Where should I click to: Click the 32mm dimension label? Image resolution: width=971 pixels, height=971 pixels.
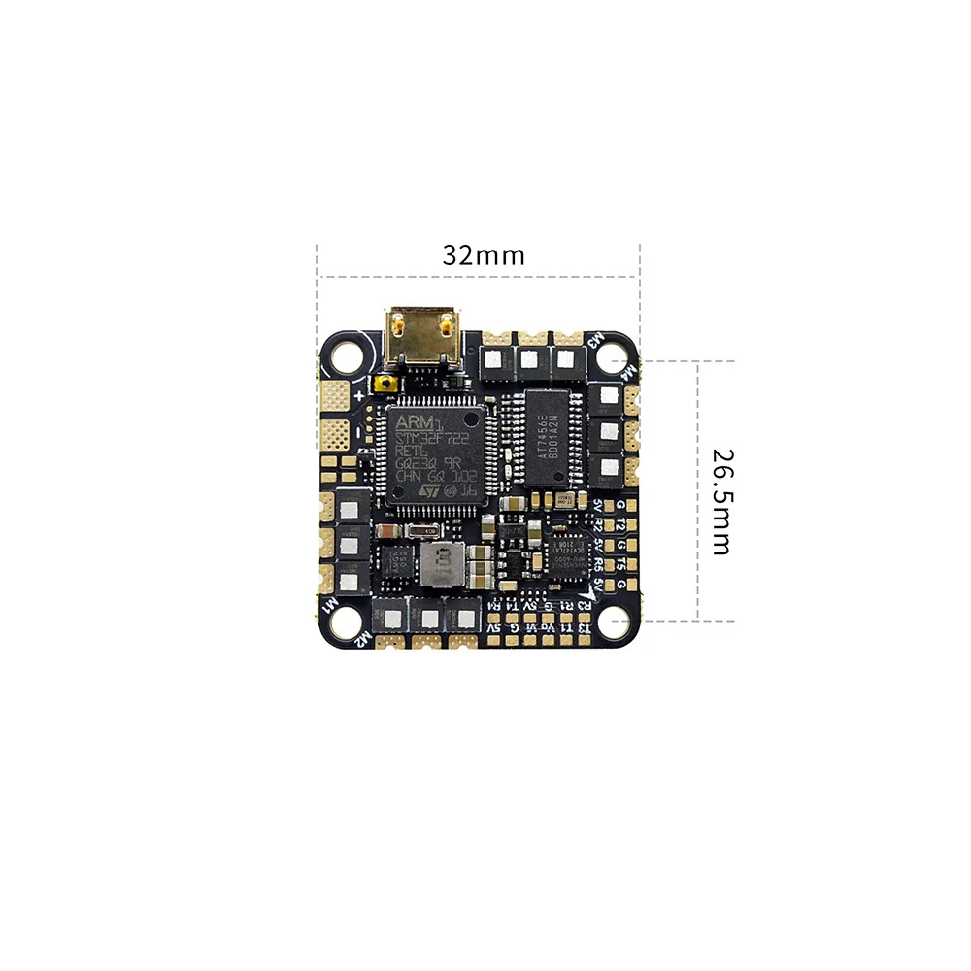[x=483, y=255]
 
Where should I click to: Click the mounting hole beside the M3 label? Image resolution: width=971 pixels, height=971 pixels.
[x=614, y=356]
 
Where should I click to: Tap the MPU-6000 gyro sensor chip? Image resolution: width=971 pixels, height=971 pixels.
[x=563, y=555]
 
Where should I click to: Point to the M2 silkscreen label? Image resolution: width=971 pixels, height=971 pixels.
[x=363, y=638]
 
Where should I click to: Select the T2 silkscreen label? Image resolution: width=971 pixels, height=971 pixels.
[x=612, y=525]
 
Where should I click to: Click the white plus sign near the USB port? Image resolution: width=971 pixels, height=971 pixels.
[x=359, y=395]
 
